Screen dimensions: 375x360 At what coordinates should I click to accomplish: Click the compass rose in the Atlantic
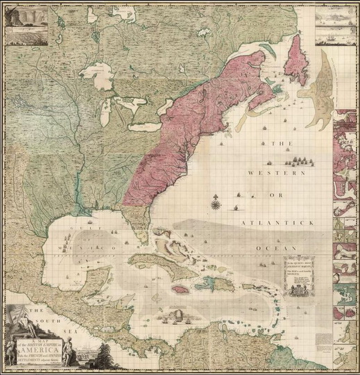[x=215, y=203]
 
